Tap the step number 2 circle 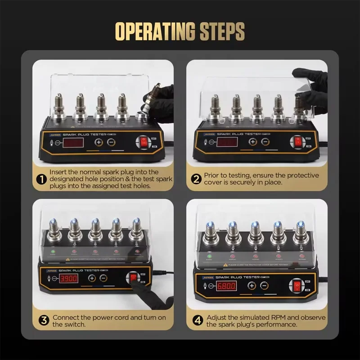tap(196, 179)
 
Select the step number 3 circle tap(44, 320)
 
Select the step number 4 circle tap(198, 320)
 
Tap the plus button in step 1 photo tap(99, 142)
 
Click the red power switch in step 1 tap(144, 143)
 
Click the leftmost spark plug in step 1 tap(58, 107)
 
